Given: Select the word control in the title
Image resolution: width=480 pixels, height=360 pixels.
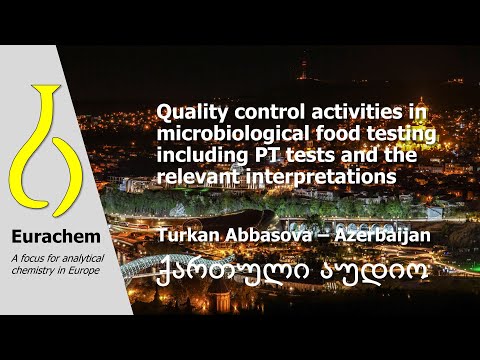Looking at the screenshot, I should (x=252, y=115).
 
